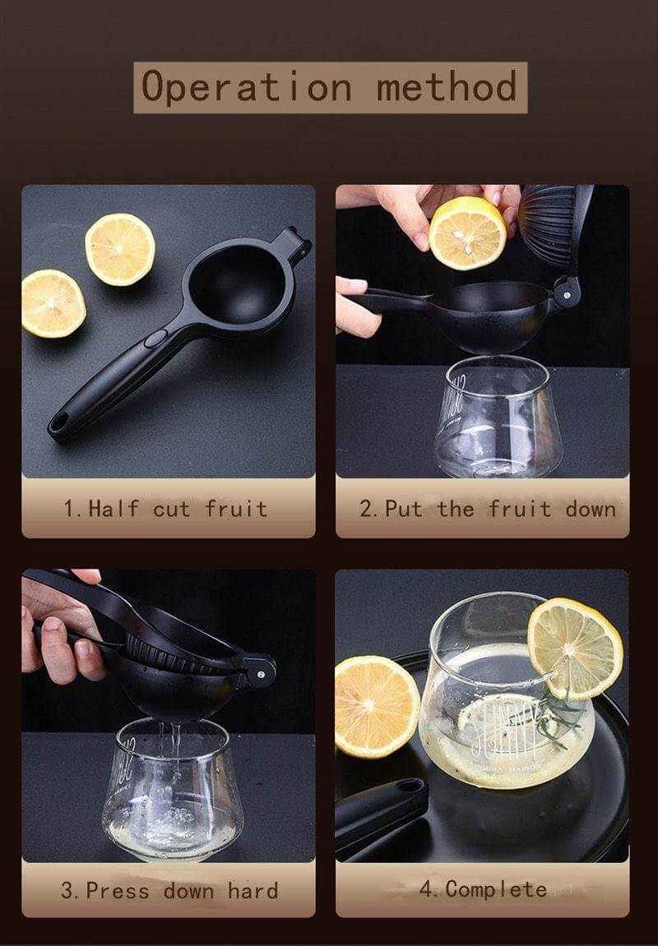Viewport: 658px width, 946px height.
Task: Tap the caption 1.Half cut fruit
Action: (x=167, y=508)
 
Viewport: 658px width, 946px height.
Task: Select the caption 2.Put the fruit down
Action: (x=487, y=508)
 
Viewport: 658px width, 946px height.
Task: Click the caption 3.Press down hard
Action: (x=169, y=890)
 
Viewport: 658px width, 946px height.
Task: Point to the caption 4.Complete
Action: (x=483, y=889)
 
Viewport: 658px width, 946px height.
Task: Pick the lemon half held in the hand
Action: (x=467, y=233)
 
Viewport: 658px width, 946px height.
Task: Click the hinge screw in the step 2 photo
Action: (x=566, y=291)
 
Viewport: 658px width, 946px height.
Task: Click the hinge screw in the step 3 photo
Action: (x=259, y=673)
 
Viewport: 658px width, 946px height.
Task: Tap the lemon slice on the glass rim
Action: (x=575, y=647)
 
